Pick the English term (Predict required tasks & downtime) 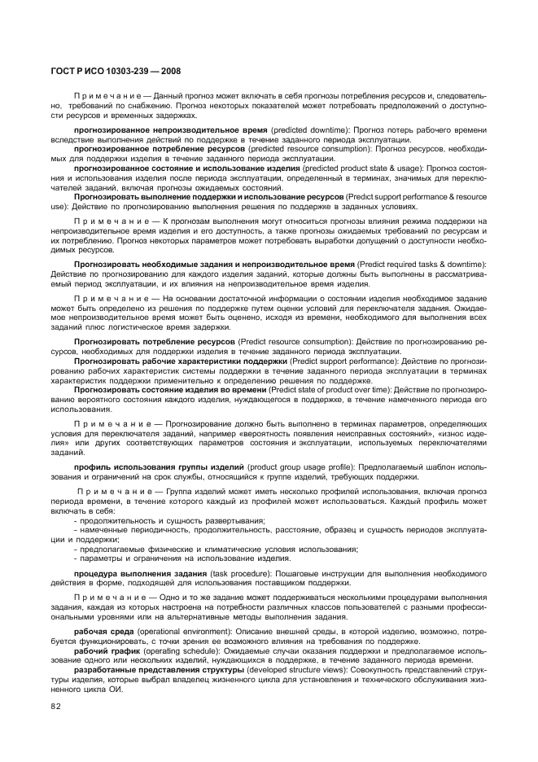pyautogui.click(x=421, y=265)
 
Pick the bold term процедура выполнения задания pyautogui.click(x=140, y=575)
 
